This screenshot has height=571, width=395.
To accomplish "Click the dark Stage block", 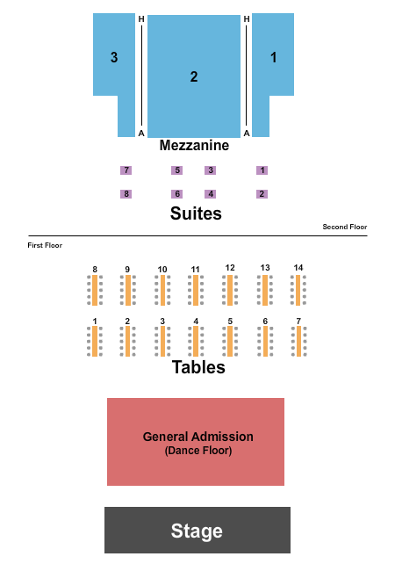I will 197,530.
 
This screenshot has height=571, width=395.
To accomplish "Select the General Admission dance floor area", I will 196,441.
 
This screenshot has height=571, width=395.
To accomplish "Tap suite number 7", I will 126,170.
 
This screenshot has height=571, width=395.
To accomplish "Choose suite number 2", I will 262,193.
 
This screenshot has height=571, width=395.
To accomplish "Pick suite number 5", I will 176,170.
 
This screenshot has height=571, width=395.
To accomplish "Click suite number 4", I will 210,193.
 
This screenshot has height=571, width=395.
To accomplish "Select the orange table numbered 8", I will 95,289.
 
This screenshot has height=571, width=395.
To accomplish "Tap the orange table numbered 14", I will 298,288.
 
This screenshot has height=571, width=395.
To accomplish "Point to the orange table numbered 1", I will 95,341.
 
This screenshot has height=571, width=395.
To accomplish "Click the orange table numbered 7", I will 298,341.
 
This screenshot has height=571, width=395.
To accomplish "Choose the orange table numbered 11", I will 196,289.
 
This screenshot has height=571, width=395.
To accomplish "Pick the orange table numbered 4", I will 196,341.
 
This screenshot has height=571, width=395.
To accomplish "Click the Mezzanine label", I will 194,146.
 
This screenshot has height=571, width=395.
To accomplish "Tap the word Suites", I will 196,213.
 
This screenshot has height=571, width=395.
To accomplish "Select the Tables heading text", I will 198,367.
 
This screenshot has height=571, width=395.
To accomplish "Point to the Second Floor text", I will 344,227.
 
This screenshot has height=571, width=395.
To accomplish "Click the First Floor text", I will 45,246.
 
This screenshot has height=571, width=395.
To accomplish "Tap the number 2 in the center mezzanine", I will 194,76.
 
